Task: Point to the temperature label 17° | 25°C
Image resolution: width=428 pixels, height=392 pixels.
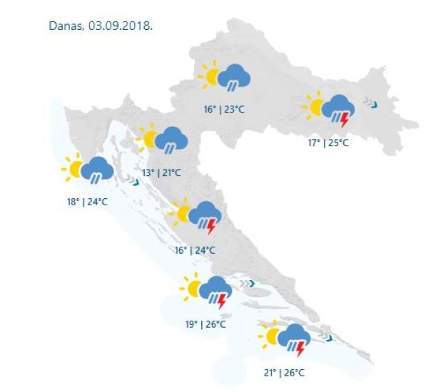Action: coord(328,143)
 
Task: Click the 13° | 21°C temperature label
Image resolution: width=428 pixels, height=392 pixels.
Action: coord(161,172)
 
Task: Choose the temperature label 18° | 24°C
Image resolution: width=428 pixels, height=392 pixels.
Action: coord(87,202)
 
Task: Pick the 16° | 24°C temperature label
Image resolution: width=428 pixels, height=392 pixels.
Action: coord(195,249)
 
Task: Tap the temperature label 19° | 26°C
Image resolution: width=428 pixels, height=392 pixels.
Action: coord(205,324)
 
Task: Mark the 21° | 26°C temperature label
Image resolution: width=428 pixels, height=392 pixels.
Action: coord(284,372)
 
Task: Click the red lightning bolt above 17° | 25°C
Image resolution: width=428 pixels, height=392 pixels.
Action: coord(345,119)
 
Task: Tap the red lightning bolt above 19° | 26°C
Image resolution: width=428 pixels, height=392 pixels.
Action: coord(222,301)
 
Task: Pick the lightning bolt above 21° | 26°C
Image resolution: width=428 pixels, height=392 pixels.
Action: coord(300,348)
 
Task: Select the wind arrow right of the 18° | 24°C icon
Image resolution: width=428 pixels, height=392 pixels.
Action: coord(135,182)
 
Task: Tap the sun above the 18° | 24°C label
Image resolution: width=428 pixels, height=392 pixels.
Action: coord(73,170)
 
